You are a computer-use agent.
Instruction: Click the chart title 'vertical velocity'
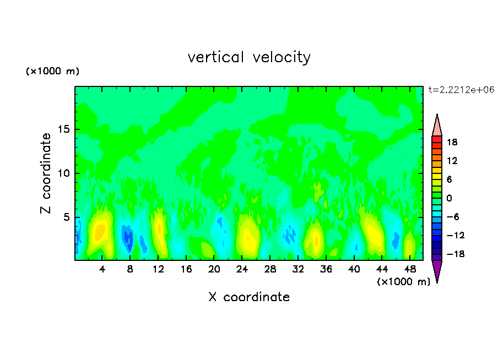249,57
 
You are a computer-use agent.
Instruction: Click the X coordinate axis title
249,297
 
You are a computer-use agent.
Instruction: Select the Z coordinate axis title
46,173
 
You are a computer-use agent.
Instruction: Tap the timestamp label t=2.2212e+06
462,90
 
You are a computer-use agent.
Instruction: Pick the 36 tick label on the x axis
326,269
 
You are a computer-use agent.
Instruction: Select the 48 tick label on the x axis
409,269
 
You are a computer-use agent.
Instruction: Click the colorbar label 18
452,142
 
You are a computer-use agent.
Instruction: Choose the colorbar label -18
450,254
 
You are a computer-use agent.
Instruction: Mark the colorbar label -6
452,217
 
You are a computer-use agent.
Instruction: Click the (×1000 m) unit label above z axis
53,72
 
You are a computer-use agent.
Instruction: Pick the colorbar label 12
452,161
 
